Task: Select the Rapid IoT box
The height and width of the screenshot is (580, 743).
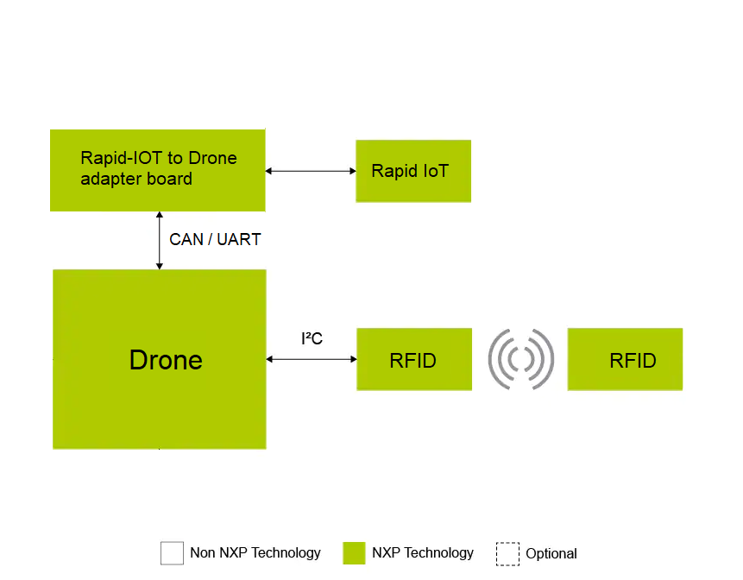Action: pos(413,171)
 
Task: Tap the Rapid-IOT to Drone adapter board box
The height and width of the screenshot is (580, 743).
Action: pos(157,169)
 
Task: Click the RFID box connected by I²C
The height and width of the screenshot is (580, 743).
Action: pos(414,360)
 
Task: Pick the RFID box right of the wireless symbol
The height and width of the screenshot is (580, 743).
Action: pos(625,360)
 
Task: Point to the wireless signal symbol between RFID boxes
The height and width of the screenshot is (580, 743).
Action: pos(520,359)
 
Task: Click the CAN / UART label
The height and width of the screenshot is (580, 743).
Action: pos(215,240)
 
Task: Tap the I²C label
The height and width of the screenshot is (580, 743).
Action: pos(312,339)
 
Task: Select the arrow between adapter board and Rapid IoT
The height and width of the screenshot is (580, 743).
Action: pos(311,171)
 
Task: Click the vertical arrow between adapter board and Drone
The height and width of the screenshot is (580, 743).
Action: pos(159,240)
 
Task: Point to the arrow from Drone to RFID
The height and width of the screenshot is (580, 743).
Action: pos(311,359)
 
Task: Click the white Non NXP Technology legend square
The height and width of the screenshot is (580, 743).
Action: pos(173,553)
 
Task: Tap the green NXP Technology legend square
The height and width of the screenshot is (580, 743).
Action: pos(354,553)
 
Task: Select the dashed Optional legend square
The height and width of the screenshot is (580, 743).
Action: pos(507,553)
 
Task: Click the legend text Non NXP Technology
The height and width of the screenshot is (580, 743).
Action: pos(255,553)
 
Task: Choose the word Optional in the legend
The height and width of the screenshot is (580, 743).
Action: pos(551,554)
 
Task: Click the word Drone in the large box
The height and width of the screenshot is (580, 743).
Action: pos(166,360)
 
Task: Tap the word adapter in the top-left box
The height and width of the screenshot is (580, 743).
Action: pos(108,180)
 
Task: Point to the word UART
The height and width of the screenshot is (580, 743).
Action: pos(239,240)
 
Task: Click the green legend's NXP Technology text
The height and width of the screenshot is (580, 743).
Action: pos(423,553)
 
